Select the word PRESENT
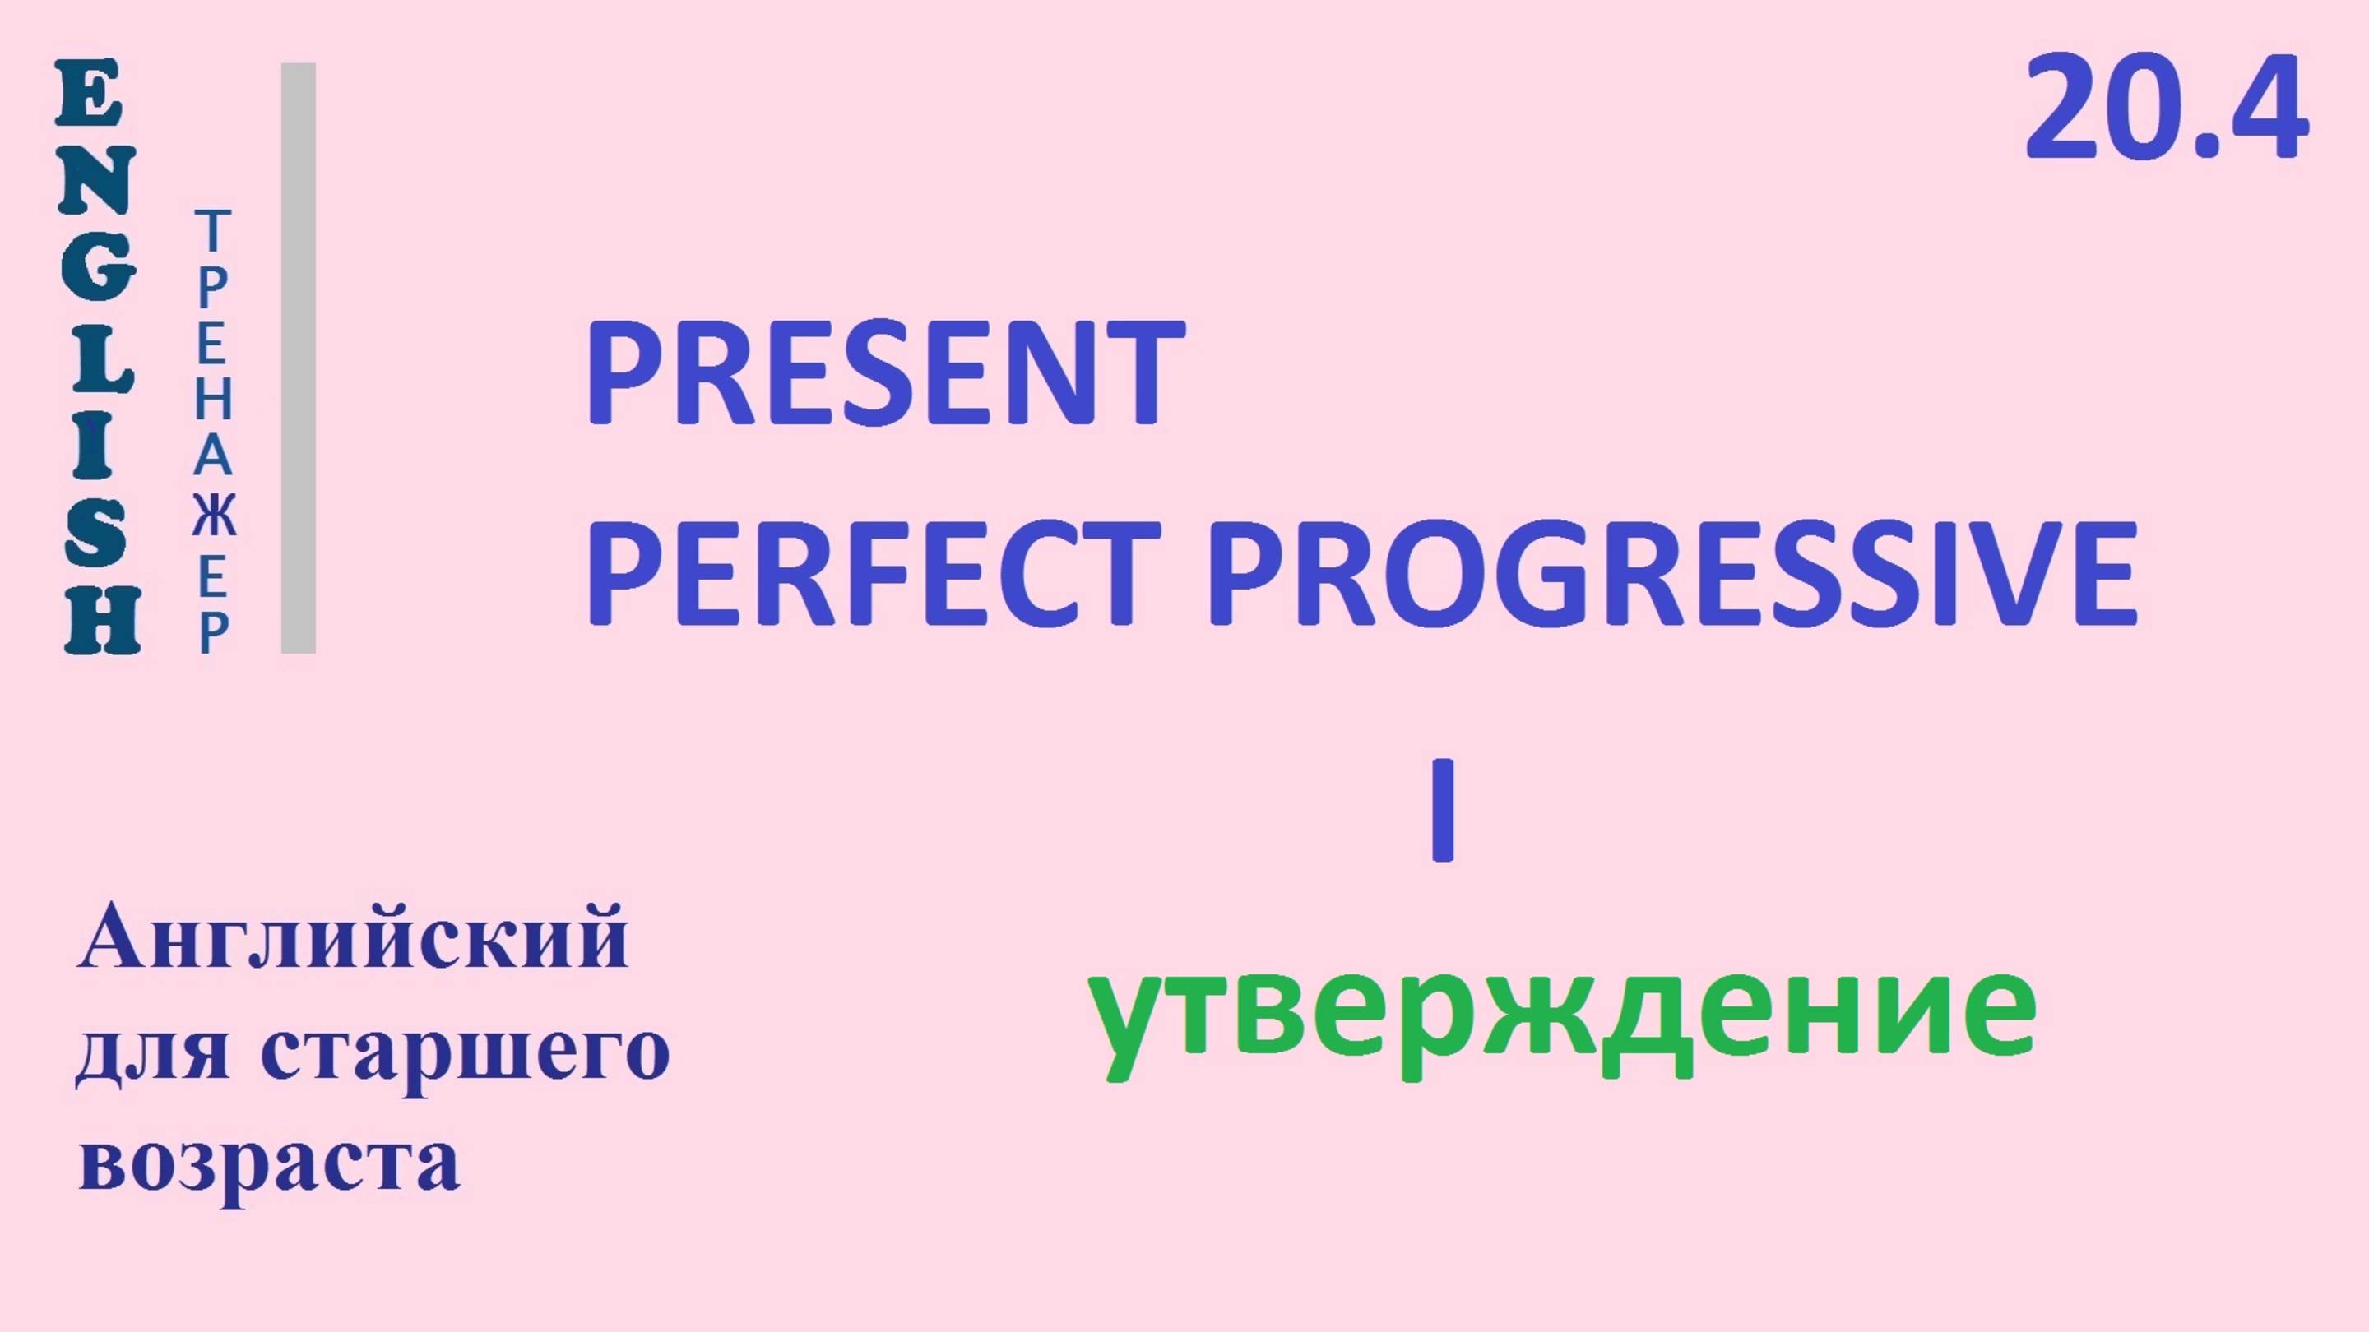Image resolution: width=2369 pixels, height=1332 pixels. [x=885, y=374]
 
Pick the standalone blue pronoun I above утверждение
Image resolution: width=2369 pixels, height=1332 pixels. [x=1442, y=809]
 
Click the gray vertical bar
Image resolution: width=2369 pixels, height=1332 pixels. [x=298, y=358]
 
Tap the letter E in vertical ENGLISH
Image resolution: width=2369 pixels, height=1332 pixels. [x=88, y=94]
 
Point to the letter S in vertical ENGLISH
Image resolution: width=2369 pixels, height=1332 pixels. [x=95, y=533]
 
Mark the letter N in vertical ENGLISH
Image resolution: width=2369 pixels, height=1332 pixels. [x=95, y=181]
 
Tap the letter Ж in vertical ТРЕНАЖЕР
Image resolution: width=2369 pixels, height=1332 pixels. [x=214, y=515]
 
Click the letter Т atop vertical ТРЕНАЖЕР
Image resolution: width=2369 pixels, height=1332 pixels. [x=212, y=230]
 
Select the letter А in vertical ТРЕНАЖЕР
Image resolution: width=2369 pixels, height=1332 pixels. [x=212, y=457]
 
